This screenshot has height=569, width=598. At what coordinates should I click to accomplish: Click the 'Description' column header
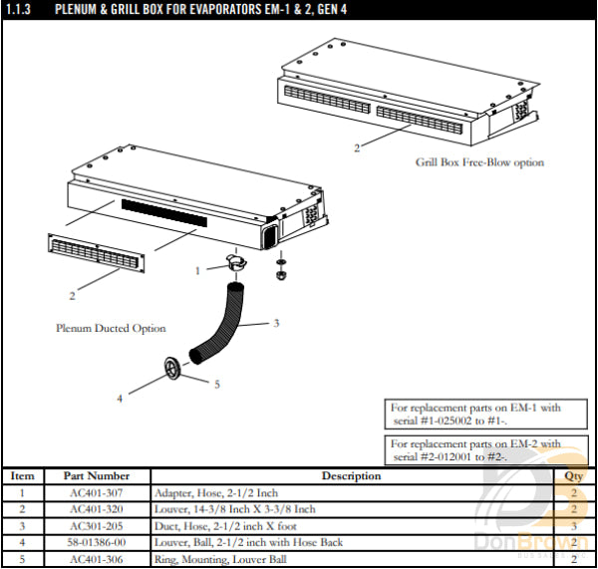(x=351, y=476)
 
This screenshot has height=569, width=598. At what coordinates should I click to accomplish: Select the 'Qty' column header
(x=573, y=476)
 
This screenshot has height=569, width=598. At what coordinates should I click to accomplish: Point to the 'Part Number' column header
(x=97, y=476)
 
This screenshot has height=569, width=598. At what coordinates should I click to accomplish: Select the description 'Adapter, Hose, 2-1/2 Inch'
(x=216, y=493)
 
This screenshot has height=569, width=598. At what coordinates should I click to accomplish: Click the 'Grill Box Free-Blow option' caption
(x=479, y=162)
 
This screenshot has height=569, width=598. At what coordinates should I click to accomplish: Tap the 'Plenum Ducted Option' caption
(x=111, y=328)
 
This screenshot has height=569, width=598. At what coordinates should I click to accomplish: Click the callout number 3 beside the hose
(x=276, y=322)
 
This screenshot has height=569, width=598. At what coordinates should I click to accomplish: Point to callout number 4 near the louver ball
(x=120, y=398)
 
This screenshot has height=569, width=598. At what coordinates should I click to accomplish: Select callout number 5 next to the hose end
(x=217, y=384)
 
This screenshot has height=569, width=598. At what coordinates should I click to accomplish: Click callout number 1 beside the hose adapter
(x=198, y=270)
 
